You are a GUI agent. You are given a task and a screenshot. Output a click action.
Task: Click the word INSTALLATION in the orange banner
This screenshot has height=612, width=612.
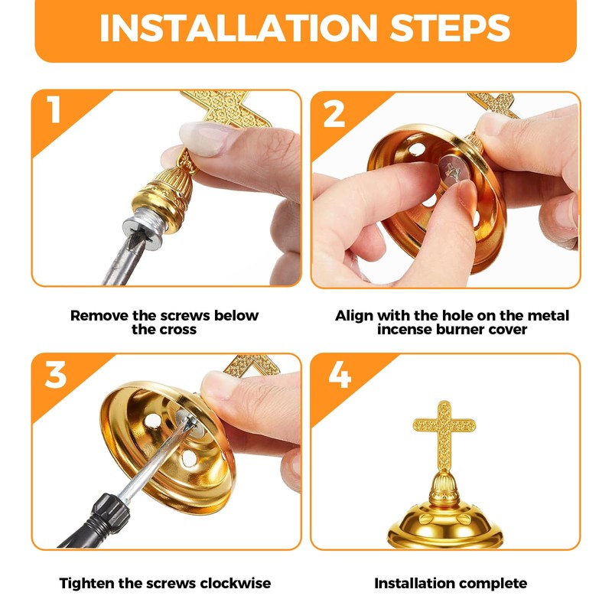click(x=239, y=28)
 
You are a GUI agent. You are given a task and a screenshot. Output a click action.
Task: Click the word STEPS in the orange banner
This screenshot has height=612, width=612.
click(x=450, y=28)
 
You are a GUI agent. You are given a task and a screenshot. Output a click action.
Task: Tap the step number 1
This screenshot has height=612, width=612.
click(x=54, y=109)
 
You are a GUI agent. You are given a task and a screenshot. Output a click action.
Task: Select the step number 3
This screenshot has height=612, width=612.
click(x=55, y=374)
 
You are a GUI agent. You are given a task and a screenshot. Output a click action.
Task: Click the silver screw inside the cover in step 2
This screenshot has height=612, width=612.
click(x=454, y=171)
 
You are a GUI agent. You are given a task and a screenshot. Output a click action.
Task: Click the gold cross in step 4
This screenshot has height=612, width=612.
click(x=444, y=436)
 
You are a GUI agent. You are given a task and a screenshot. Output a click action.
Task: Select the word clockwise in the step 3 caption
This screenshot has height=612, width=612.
click(x=236, y=584)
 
